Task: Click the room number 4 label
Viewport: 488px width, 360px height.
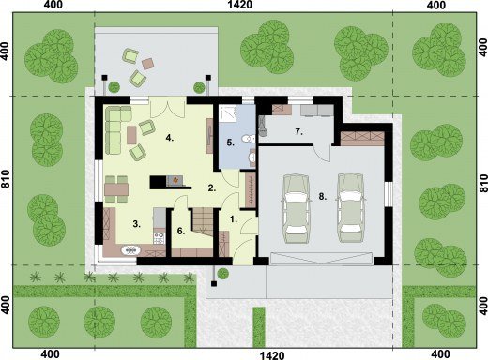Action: coord(170,138)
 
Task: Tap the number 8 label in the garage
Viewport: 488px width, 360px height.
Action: coord(323,197)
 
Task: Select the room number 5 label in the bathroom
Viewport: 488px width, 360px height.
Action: coord(230,142)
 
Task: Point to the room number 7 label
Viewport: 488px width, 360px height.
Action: coord(298,131)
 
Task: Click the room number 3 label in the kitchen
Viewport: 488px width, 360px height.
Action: coord(136,224)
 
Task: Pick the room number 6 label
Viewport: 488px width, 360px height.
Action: coord(181,231)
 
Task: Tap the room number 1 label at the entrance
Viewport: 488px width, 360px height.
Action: coord(234,219)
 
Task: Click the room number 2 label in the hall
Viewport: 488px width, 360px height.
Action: coord(212,188)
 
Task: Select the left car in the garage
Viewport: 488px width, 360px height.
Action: coord(296,208)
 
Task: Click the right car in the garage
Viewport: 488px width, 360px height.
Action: coord(351,208)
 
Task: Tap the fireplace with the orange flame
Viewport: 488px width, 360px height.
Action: coord(175,181)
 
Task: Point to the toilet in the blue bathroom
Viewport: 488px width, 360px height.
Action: coord(249,139)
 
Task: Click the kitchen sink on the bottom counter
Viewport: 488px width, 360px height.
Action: coord(131,249)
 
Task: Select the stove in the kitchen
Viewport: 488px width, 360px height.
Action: coord(159,238)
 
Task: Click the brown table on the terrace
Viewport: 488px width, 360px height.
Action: coord(147,64)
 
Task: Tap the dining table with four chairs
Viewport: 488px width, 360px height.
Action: coord(116,189)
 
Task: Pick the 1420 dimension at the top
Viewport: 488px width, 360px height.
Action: coord(240,5)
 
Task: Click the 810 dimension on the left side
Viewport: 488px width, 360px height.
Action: coord(6,181)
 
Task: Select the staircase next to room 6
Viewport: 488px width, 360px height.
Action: coord(202,222)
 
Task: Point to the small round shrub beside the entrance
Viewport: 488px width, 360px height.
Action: coord(223,274)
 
